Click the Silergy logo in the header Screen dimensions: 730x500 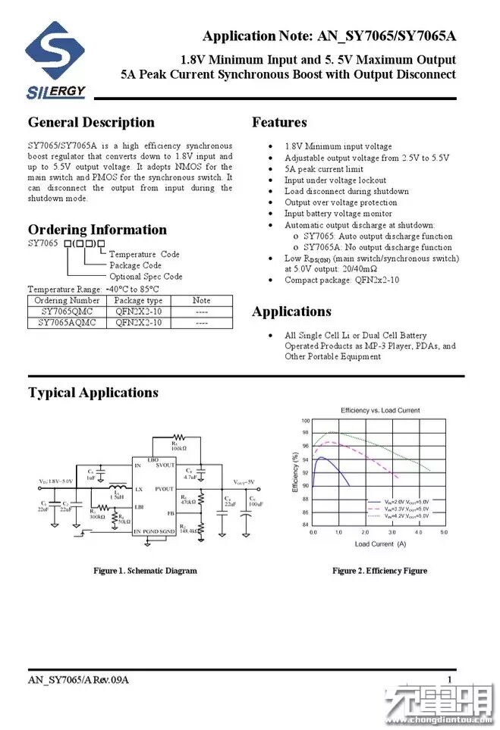pos(55,61)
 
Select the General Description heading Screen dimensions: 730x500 pos(91,123)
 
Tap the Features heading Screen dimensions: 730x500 pos(279,123)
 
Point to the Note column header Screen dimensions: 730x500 pos(201,301)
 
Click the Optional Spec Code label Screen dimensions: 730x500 pos(146,277)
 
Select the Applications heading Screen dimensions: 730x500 pos(291,312)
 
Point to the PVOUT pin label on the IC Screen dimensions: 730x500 pos(165,489)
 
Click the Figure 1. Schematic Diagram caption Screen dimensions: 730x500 pos(145,571)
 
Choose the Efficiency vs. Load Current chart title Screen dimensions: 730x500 pos(380,410)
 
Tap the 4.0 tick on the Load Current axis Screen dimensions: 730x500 pos(414,533)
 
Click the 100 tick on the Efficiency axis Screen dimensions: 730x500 pos(306,421)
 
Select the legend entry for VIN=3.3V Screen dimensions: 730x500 pos(402,509)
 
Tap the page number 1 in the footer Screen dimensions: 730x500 pos(450,679)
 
